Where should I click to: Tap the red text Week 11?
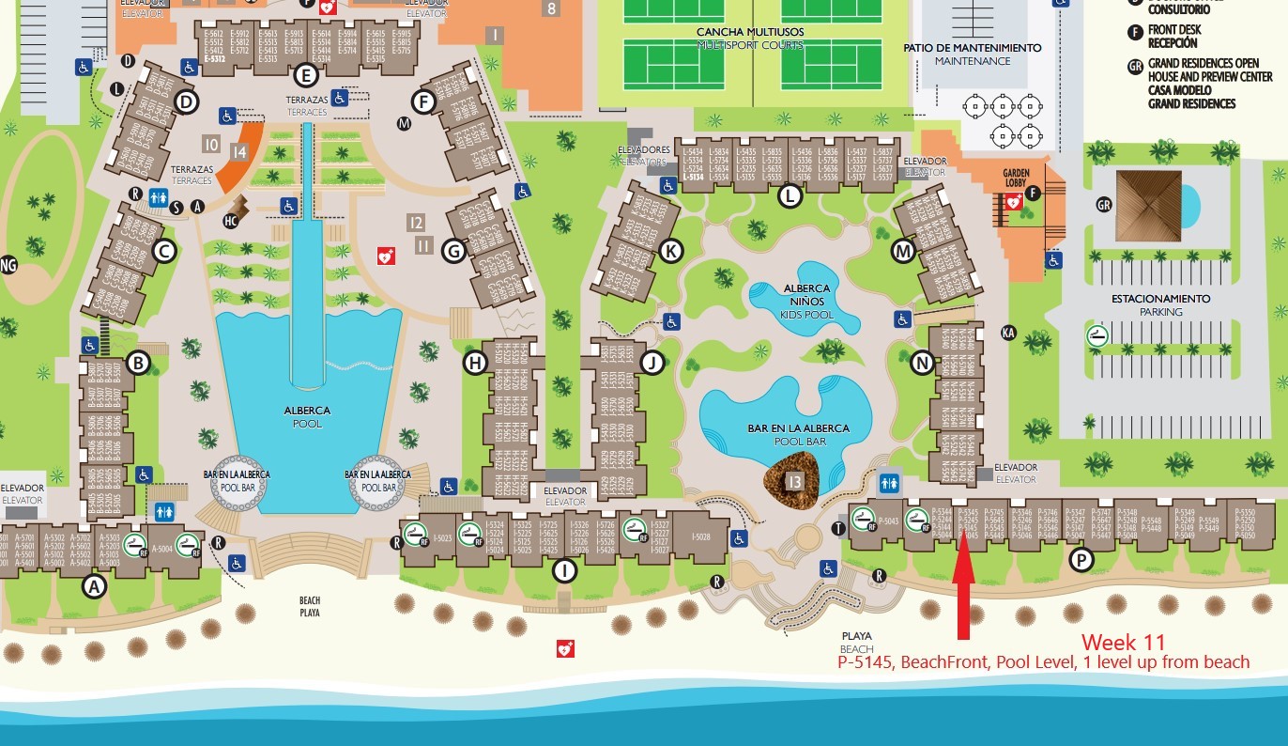click(1123, 643)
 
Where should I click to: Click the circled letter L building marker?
click(790, 195)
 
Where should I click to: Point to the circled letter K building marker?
click(670, 251)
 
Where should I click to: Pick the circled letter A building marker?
click(93, 586)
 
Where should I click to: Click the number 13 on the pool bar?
click(794, 482)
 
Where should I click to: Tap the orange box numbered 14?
click(240, 151)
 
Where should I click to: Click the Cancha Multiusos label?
click(749, 38)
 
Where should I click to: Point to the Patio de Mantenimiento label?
click(972, 54)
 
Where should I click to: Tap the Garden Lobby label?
click(1017, 179)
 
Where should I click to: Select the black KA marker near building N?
click(1009, 332)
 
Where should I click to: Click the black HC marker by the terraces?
click(230, 221)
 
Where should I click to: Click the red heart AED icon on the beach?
click(565, 648)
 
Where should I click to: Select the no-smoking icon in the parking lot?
click(1096, 335)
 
